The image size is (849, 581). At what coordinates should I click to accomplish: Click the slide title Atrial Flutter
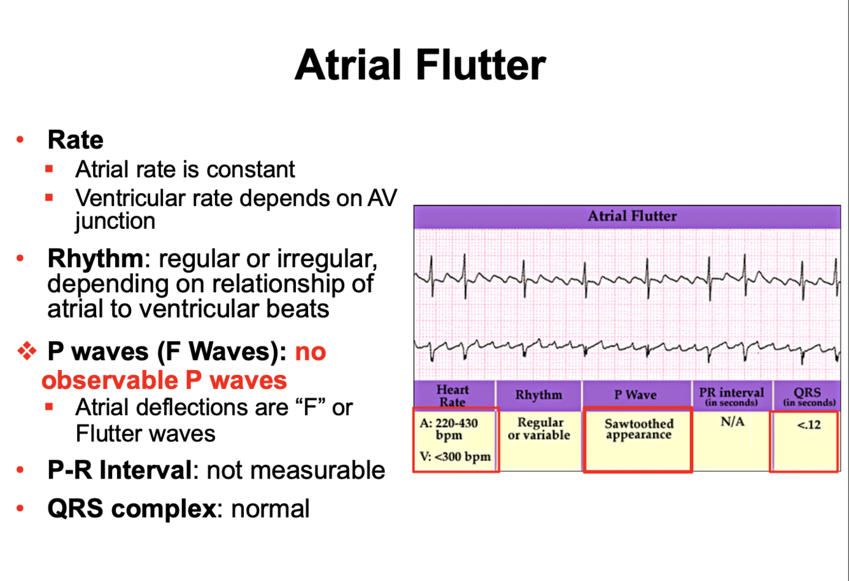click(420, 65)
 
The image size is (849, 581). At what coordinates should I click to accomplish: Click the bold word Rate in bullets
click(75, 139)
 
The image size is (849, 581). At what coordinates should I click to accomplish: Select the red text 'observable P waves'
click(164, 379)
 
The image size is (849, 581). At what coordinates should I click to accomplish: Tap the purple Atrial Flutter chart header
click(631, 216)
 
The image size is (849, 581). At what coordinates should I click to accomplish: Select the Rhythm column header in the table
click(538, 395)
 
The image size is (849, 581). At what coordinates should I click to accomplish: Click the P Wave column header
click(635, 395)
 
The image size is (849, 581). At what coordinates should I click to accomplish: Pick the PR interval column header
click(731, 395)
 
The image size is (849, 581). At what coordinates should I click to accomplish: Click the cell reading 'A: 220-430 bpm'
click(456, 429)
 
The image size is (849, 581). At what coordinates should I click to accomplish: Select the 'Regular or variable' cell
click(538, 429)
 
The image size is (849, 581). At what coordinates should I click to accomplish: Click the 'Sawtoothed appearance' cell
click(638, 429)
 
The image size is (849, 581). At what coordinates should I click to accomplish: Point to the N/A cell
click(732, 423)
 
